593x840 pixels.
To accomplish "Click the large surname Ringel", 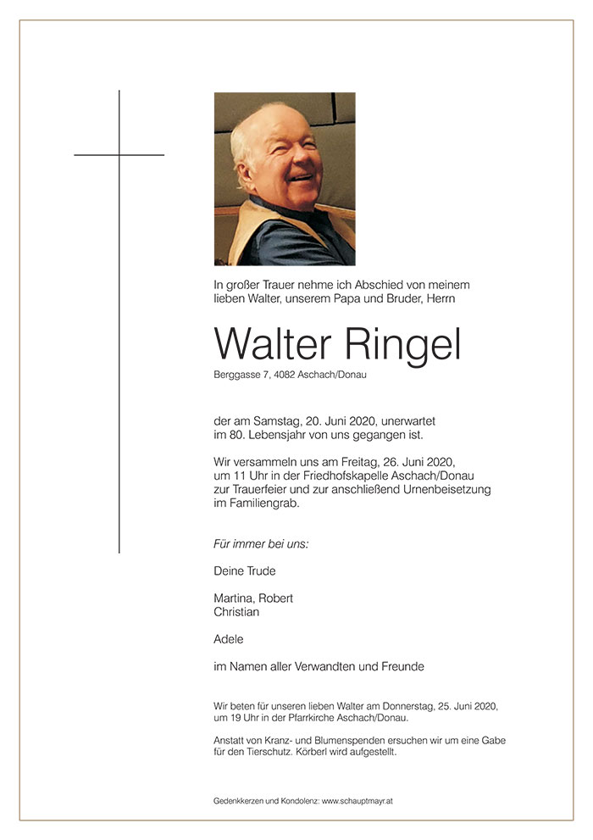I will pyautogui.click(x=402, y=346).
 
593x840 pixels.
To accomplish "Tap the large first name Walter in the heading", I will pyautogui.click(x=274, y=344).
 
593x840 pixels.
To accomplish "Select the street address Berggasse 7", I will pyautogui.click(x=241, y=375).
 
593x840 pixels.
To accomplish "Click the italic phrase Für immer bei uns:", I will pyautogui.click(x=261, y=543).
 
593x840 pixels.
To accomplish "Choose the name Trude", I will pyautogui.click(x=260, y=570).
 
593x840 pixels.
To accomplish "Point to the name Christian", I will pyautogui.click(x=236, y=612).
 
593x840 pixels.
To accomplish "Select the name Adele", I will pyautogui.click(x=229, y=639).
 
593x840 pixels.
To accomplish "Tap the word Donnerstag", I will pyautogui.click(x=406, y=706).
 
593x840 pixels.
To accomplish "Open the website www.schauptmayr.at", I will pyautogui.click(x=357, y=800).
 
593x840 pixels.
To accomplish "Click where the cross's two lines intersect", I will pyautogui.click(x=119, y=155).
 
